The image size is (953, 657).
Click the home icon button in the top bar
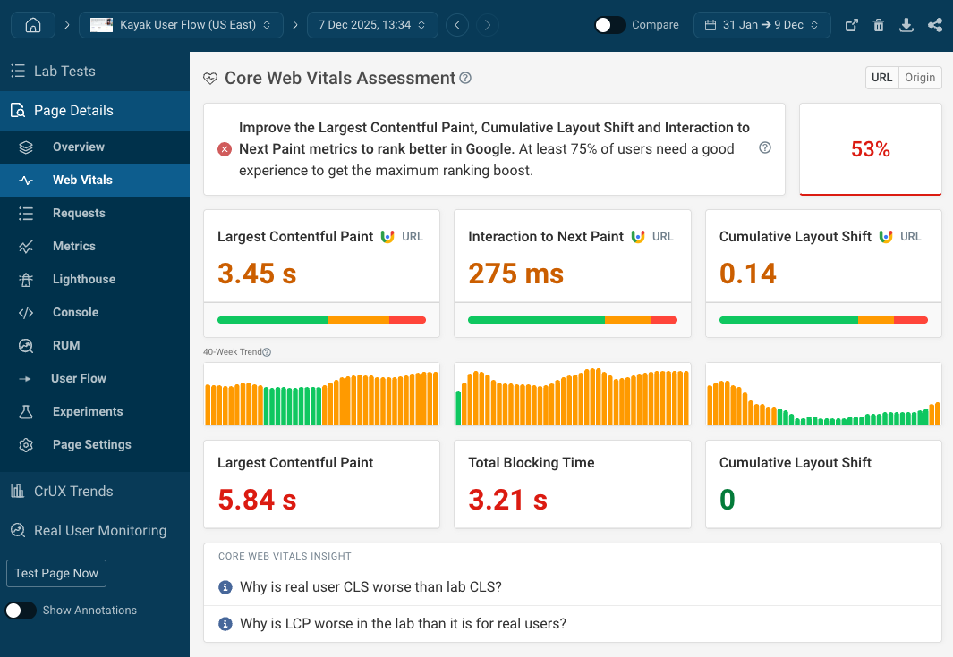[x=33, y=25]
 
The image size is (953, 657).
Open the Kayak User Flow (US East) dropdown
[x=181, y=25]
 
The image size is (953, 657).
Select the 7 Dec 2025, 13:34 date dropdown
[x=372, y=25]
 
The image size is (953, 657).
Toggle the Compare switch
[x=610, y=25]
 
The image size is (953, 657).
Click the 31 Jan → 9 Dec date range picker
[x=762, y=25]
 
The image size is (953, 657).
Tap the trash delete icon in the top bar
[x=879, y=25]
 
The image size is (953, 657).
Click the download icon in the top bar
[x=906, y=25]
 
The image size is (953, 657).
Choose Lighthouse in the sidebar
[x=83, y=279]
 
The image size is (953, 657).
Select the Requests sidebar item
[x=79, y=213]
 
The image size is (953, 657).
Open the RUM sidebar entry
[x=66, y=345]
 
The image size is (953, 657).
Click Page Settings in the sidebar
[x=91, y=444]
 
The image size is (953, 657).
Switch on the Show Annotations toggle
[x=21, y=611]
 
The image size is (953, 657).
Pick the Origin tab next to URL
[x=920, y=78]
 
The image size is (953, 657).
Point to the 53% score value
[x=870, y=149]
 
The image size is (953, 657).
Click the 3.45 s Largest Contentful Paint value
[x=257, y=274]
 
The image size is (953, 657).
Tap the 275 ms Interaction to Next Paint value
[x=515, y=274]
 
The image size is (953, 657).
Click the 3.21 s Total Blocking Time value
[x=507, y=500]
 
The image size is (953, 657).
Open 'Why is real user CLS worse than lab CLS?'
[x=370, y=587]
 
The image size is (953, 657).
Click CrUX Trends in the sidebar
[x=73, y=491]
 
